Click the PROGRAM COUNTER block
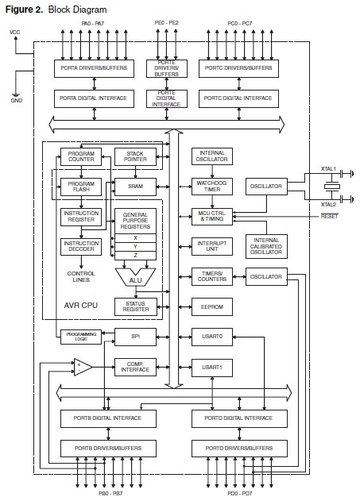point(81,156)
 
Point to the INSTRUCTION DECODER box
point(81,247)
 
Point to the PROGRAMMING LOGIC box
point(80,337)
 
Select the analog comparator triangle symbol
point(83,367)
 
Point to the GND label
point(16,102)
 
